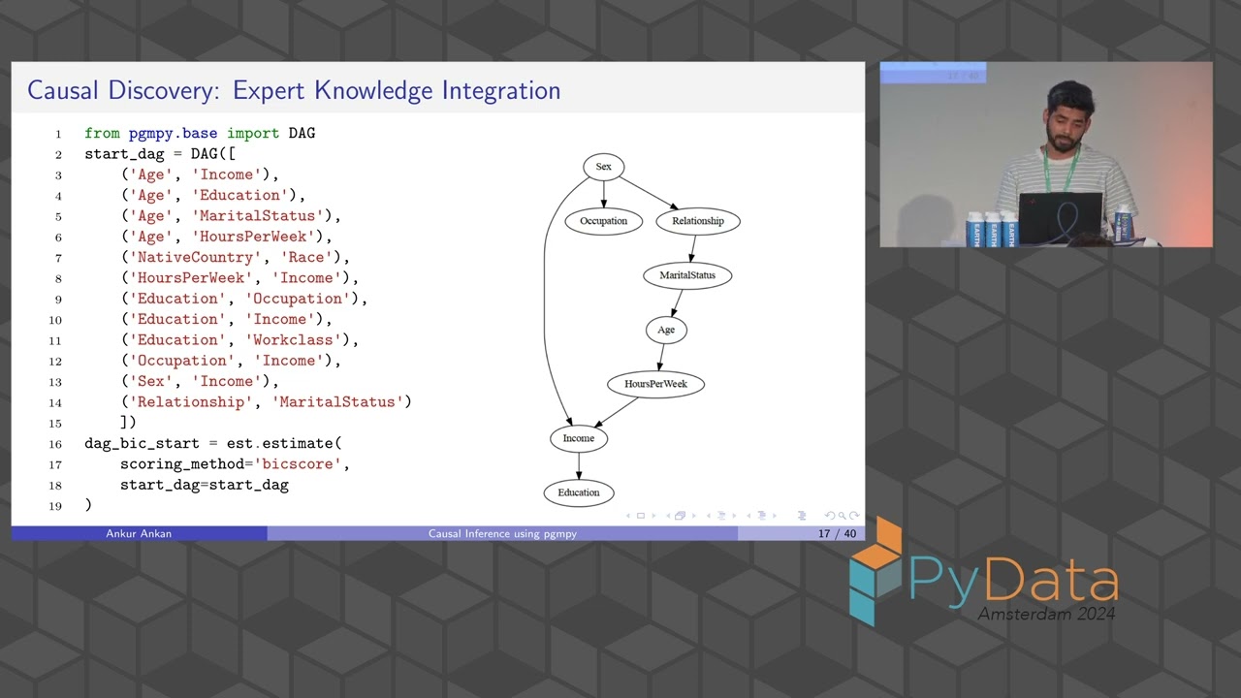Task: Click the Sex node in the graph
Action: tap(603, 167)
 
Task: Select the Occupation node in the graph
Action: tap(603, 221)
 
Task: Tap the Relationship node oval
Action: tap(697, 221)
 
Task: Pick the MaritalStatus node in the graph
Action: tap(686, 275)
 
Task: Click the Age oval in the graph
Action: tap(666, 330)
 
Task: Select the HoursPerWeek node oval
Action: tap(655, 384)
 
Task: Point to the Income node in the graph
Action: tap(579, 438)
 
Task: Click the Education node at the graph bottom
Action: tap(579, 492)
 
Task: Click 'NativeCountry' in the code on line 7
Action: tap(192, 258)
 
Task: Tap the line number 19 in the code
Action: tap(54, 506)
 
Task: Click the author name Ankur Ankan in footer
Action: tap(139, 534)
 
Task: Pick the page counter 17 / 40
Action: tap(837, 534)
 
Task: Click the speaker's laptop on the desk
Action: tap(1060, 219)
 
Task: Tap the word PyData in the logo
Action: tap(1013, 580)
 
